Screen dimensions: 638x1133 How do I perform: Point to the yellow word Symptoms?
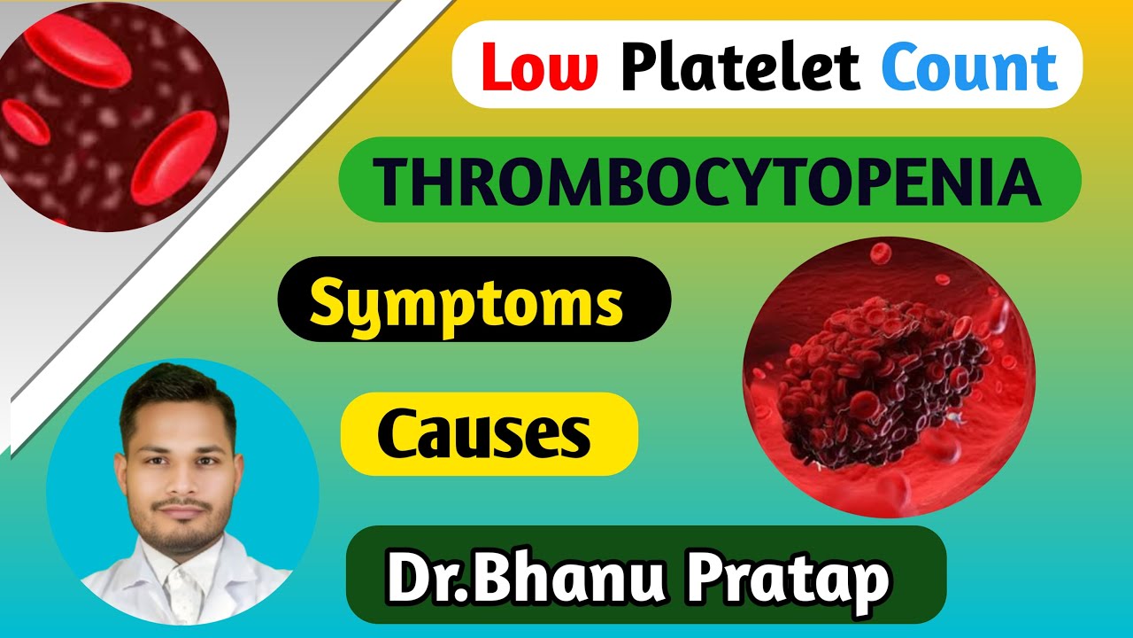[x=466, y=301]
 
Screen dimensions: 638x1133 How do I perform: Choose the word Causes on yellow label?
[x=484, y=434]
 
